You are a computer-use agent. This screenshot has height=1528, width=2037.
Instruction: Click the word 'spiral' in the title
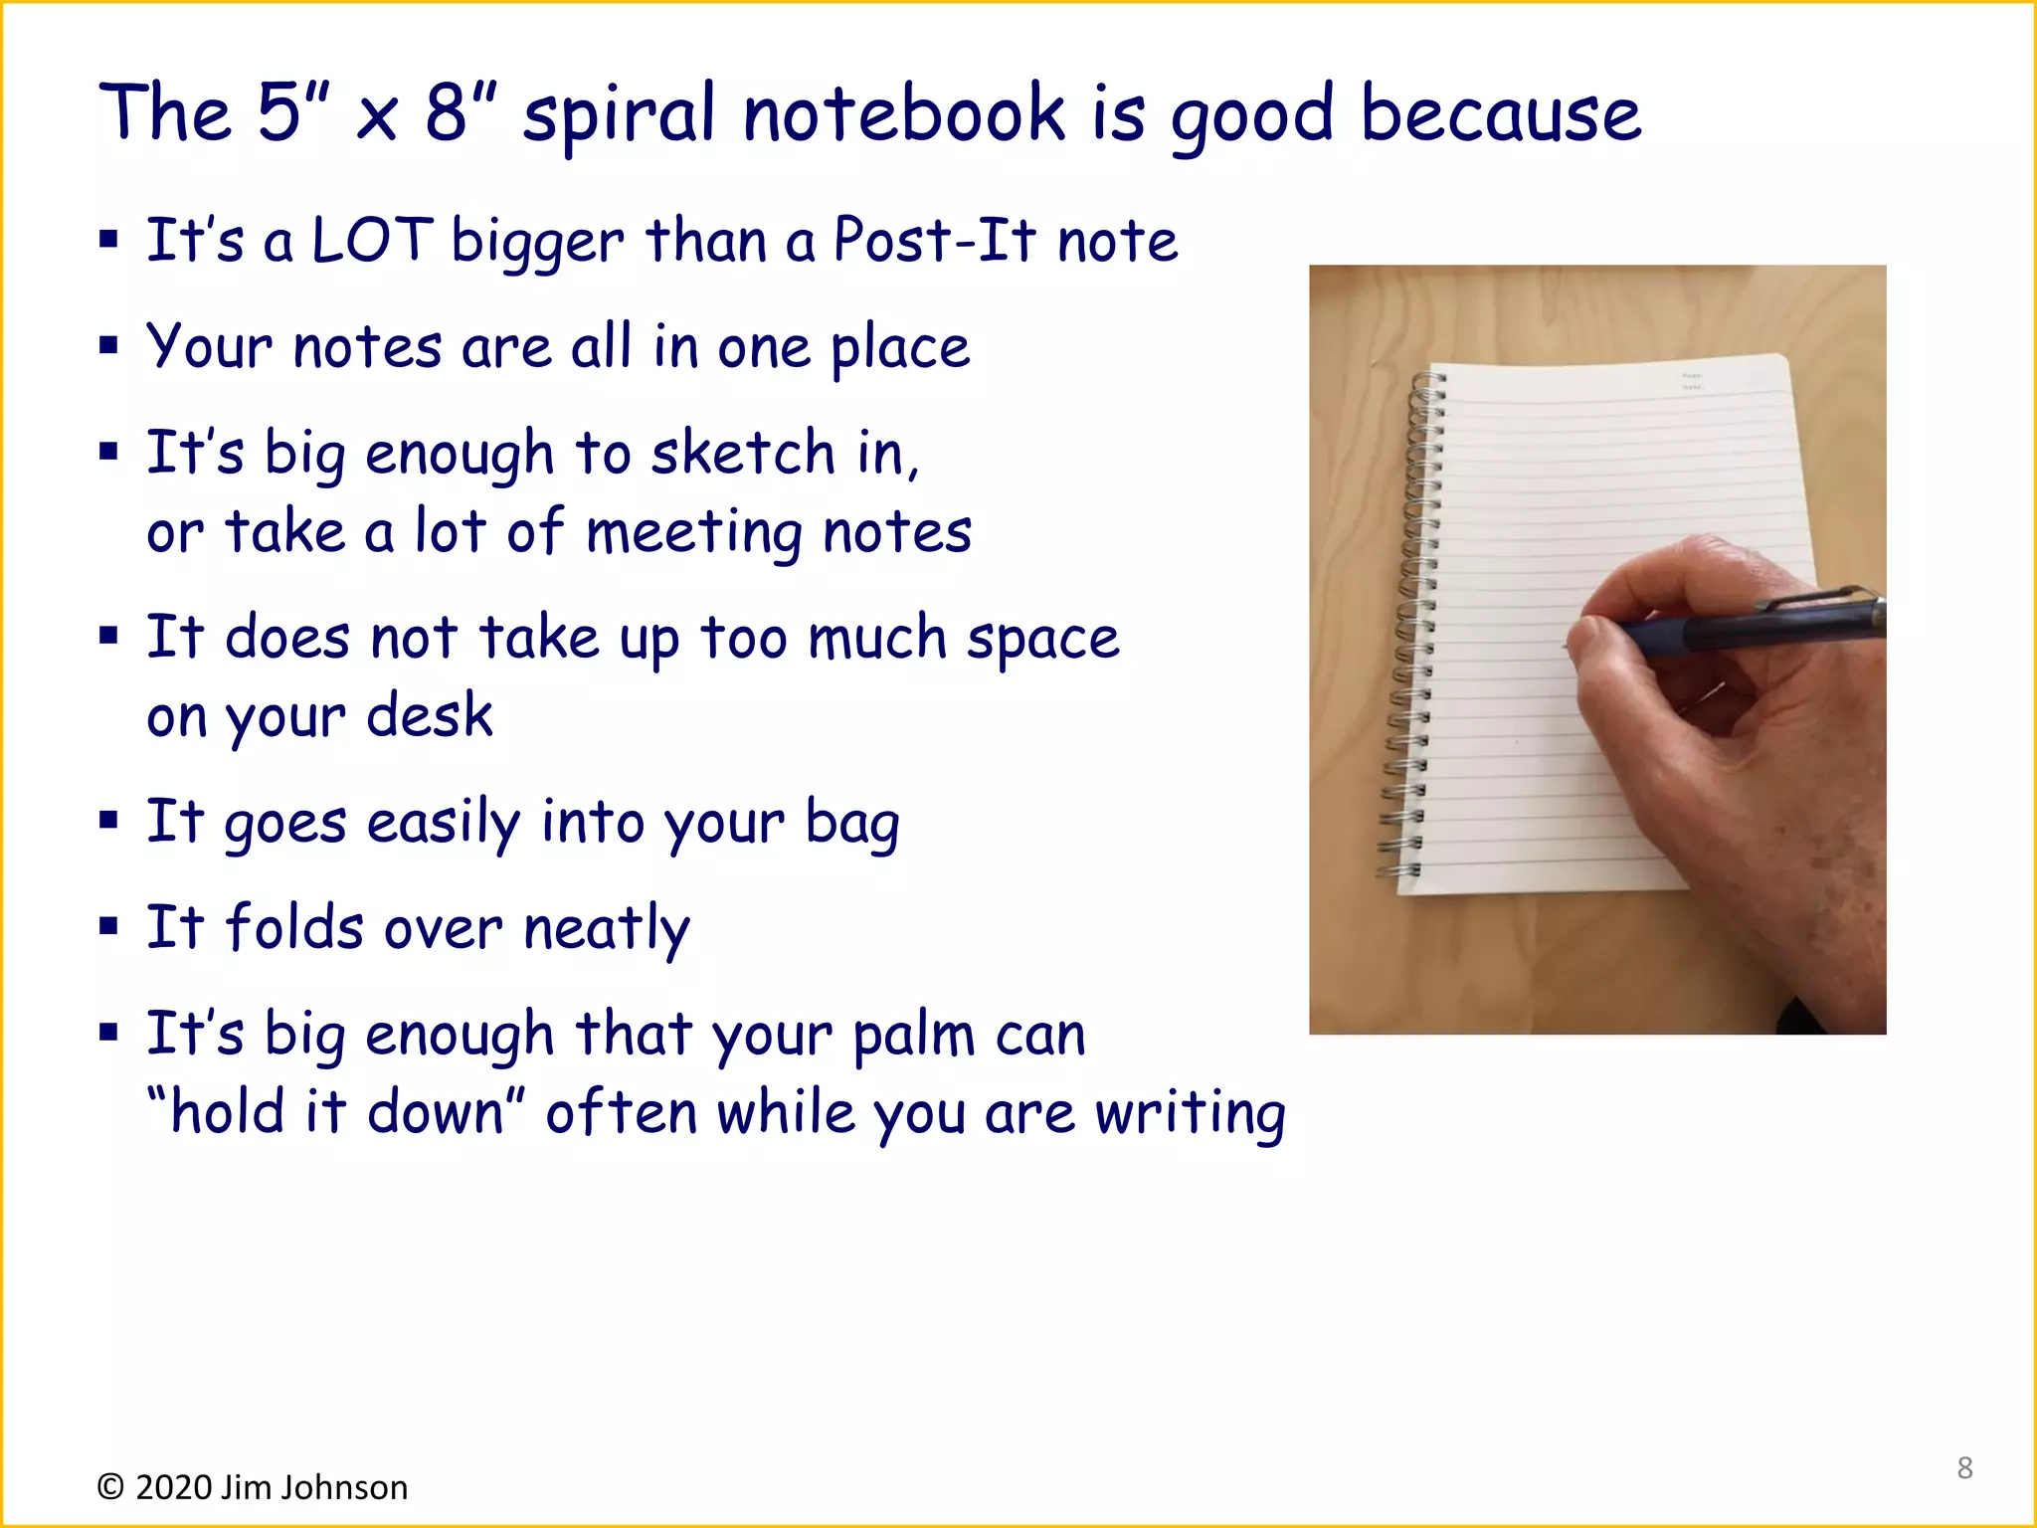[618, 115]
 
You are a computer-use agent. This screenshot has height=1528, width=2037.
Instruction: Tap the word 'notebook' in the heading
[903, 113]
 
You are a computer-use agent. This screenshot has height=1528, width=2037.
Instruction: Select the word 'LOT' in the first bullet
[372, 241]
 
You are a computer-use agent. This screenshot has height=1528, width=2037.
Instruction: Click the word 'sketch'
[742, 454]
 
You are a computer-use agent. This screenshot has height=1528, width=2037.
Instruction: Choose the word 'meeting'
[693, 533]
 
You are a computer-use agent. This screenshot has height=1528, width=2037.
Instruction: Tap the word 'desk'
[429, 716]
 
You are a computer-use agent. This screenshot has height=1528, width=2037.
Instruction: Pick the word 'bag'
[851, 824]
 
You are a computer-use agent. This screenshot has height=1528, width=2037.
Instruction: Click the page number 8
[1964, 1467]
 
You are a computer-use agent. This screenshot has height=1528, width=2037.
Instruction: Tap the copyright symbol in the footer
[110, 1487]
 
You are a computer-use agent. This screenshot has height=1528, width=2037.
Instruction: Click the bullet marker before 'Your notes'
[108, 346]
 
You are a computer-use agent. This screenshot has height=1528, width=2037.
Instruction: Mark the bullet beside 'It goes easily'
[108, 821]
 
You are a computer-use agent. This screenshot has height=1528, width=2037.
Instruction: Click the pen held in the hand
[1751, 627]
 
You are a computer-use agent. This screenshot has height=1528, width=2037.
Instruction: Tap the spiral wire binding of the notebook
[1412, 627]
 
